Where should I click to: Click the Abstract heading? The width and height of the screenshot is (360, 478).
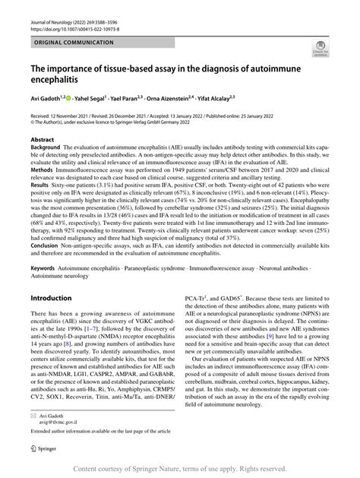point(42,140)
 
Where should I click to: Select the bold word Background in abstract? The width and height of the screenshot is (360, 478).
point(47,148)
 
